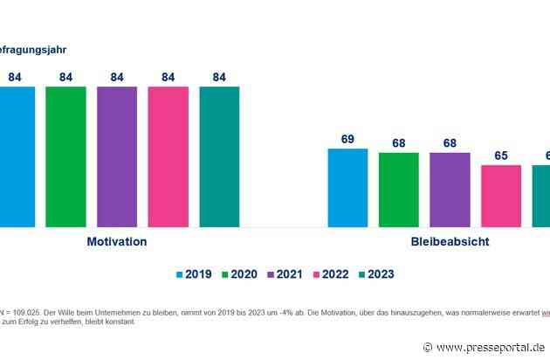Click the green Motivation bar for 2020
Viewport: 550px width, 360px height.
pos(65,156)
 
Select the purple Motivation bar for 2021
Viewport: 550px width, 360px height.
pos(117,156)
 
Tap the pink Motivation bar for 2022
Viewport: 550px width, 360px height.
pos(168,156)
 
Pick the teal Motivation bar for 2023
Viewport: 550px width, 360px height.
pos(219,156)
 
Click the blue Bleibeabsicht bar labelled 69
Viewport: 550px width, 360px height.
pos(347,187)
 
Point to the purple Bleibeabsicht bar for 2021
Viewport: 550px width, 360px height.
pos(450,189)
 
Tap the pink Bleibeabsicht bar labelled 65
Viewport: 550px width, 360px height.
pos(501,196)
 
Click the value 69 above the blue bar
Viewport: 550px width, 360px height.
pos(347,138)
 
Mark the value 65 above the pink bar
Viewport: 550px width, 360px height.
pos(501,155)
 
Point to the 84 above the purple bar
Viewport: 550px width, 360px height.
pos(117,76)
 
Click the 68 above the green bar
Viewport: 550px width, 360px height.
pos(399,141)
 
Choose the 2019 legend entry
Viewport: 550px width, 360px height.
pos(196,274)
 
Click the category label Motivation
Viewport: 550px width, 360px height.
pos(116,242)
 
